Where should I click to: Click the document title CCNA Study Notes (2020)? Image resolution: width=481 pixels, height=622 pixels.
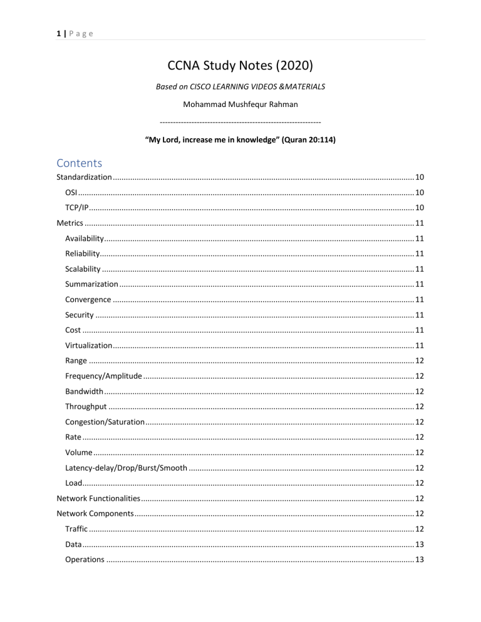pos(240,64)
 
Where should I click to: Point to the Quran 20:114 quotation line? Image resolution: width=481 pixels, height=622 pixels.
pos(240,141)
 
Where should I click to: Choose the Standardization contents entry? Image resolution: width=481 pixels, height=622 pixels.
pos(85,178)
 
